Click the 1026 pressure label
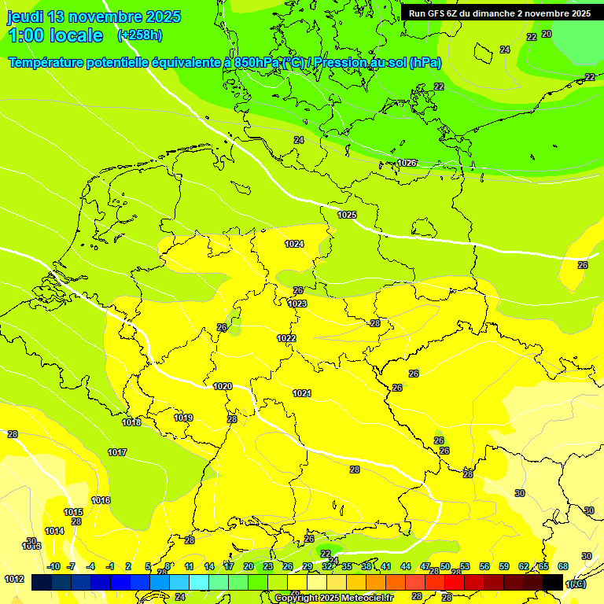(407, 163)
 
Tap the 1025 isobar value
(347, 215)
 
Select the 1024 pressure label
(294, 244)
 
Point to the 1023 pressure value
(297, 304)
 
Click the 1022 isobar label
(286, 338)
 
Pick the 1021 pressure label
(302, 393)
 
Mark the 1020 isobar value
(223, 386)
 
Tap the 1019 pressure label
(183, 418)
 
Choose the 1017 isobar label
(117, 452)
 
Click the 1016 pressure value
(101, 500)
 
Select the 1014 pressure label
(54, 531)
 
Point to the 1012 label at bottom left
(13, 579)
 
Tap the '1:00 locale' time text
(55, 35)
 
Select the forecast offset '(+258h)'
(140, 35)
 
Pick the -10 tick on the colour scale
(53, 566)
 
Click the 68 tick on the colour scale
(563, 566)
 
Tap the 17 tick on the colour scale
(229, 566)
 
